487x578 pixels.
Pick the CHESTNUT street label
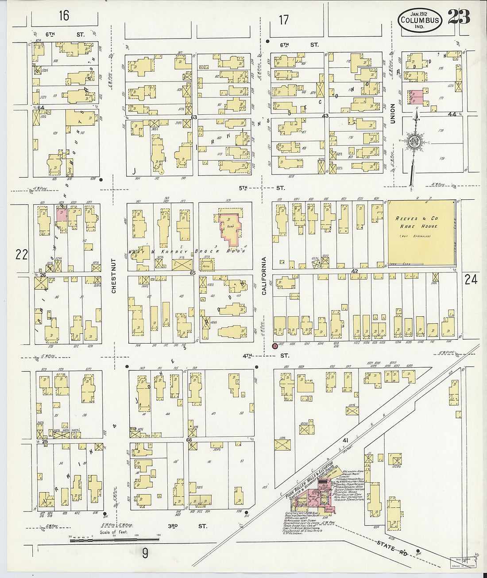[x=114, y=276]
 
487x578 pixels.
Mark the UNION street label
[x=392, y=113]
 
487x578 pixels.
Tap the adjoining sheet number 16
[x=64, y=16]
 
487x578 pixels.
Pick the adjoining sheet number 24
[x=471, y=279]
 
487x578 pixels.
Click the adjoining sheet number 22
[x=21, y=254]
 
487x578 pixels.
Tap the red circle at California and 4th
[x=275, y=346]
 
